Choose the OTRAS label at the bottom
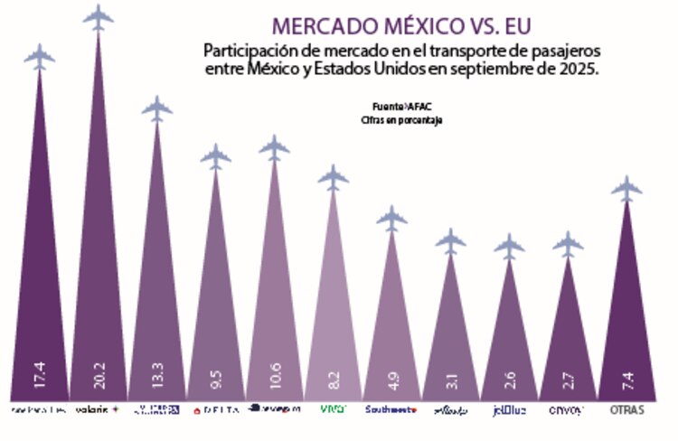click(x=626, y=410)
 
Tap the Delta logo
click(x=215, y=410)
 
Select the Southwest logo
click(x=391, y=410)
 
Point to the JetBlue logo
click(x=509, y=410)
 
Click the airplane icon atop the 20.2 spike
click(x=99, y=16)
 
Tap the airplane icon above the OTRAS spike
click(x=626, y=188)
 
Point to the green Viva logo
click(x=333, y=410)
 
